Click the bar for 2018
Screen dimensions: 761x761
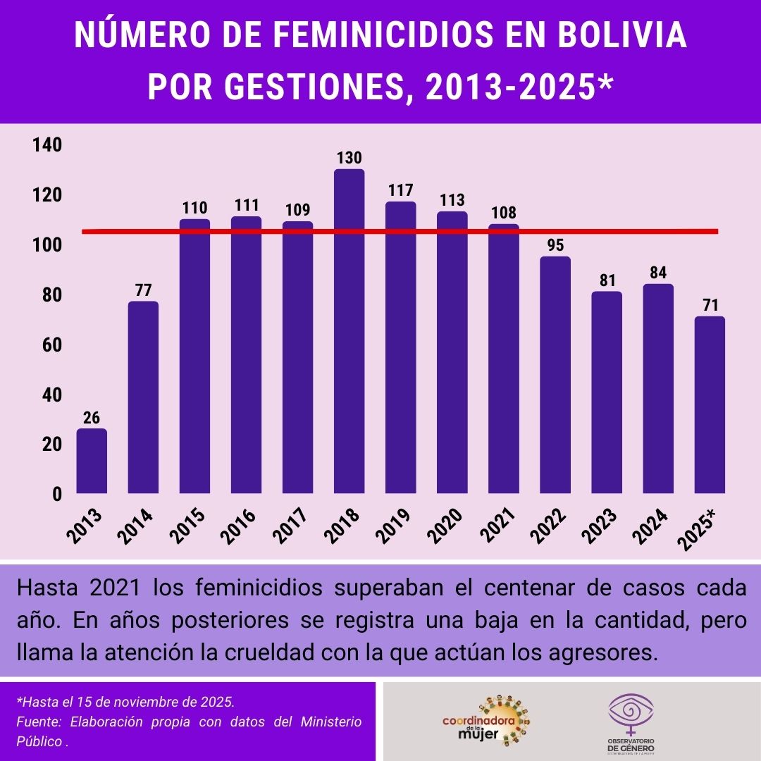pyautogui.click(x=349, y=331)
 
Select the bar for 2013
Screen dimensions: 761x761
pyautogui.click(x=92, y=462)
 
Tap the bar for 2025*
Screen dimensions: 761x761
pyautogui.click(x=710, y=405)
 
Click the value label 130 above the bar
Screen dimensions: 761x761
pyautogui.click(x=349, y=158)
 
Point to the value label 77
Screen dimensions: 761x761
pyautogui.click(x=143, y=290)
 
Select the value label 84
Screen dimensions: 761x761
pyautogui.click(x=658, y=273)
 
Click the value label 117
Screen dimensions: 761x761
pyautogui.click(x=400, y=190)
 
